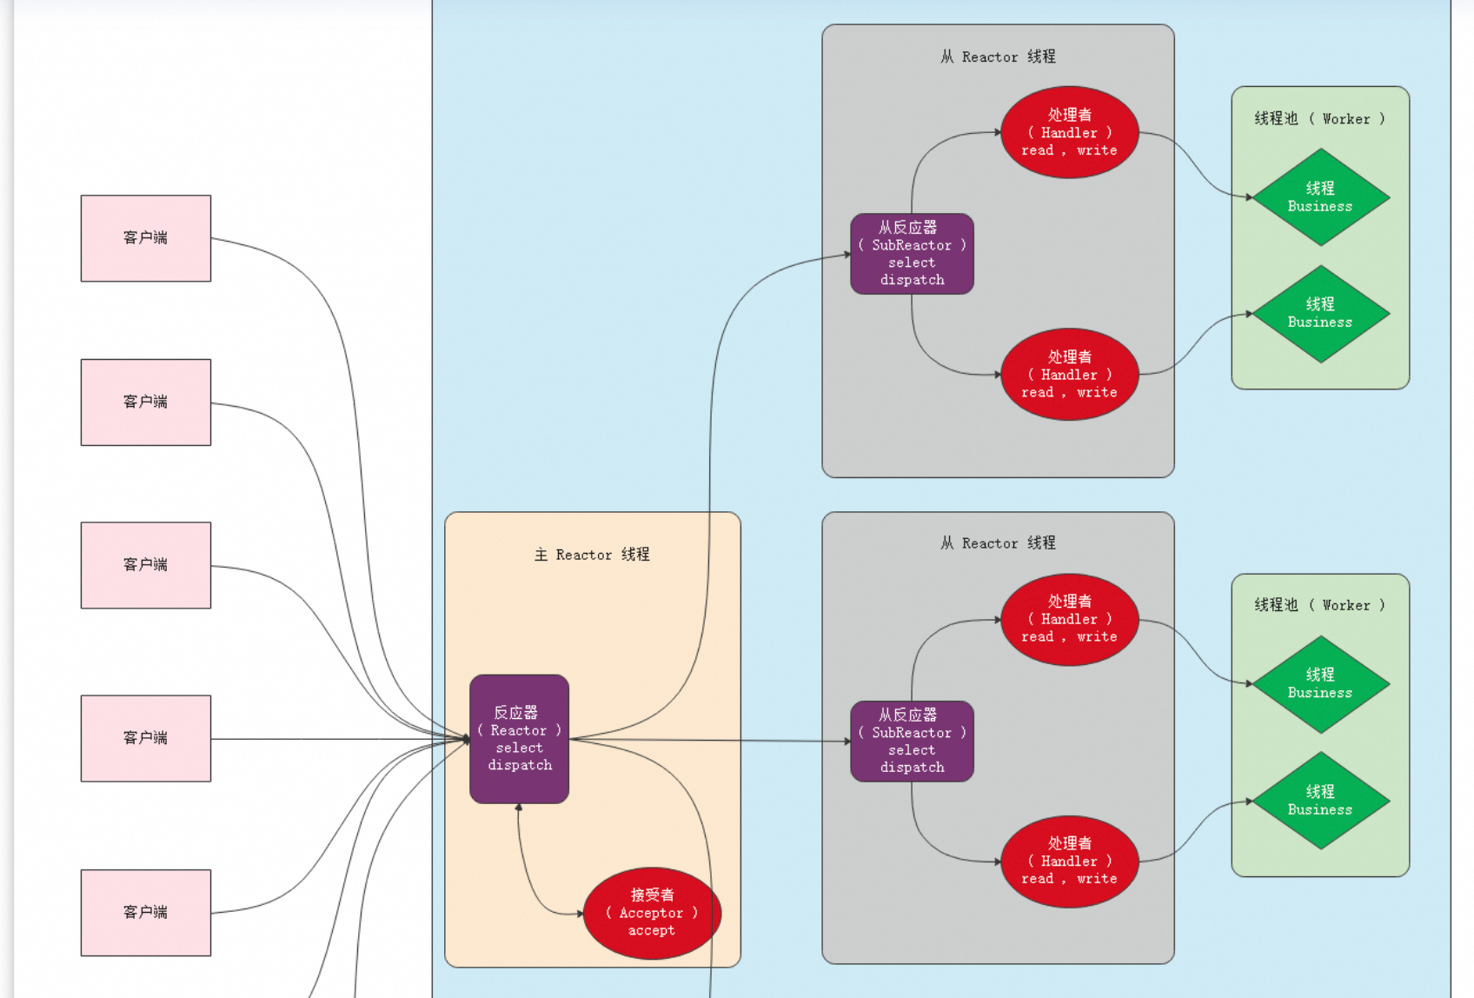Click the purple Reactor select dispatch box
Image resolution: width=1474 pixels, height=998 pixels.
tap(519, 739)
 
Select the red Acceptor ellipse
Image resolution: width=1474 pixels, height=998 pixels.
tap(652, 913)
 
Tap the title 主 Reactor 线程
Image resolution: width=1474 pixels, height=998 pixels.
tap(592, 555)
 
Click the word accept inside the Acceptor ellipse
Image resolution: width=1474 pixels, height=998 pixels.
tap(651, 931)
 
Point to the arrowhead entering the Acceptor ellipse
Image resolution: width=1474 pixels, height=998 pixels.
tap(581, 914)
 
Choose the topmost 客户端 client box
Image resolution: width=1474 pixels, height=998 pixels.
tap(146, 238)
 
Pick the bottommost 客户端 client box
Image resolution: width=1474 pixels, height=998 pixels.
tap(146, 913)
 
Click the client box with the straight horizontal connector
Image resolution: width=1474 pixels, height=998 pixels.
tap(146, 738)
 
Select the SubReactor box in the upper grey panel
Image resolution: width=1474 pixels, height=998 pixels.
tap(912, 254)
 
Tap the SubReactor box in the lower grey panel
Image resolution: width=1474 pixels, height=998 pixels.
tap(912, 742)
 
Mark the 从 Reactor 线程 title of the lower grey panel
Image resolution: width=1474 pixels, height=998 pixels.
tap(998, 543)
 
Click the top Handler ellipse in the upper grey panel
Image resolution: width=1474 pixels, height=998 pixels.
tap(1069, 132)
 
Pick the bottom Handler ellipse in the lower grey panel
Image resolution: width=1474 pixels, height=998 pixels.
tap(1069, 862)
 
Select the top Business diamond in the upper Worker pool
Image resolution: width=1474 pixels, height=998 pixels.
tap(1320, 197)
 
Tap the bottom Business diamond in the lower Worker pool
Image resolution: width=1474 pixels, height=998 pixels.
tap(1320, 801)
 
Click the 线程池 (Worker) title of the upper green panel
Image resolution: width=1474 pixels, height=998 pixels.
tap(1319, 119)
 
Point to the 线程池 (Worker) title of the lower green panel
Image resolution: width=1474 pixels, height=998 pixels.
tap(1319, 605)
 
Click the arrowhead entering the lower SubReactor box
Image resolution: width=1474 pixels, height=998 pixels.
tap(847, 742)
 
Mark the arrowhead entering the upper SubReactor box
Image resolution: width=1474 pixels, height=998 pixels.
tap(847, 255)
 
